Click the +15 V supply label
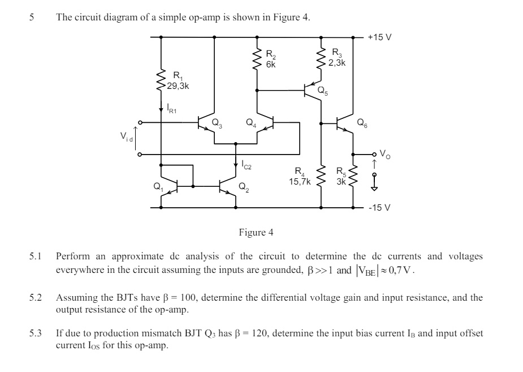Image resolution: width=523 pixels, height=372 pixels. coord(379,37)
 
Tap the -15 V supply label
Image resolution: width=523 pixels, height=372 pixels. coord(379,208)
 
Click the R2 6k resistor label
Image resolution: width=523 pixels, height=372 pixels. coord(271,59)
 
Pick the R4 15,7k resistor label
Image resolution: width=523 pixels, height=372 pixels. coord(300,177)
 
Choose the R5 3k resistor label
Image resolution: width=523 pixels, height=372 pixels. coord(340,177)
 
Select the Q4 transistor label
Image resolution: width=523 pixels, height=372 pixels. coord(251,122)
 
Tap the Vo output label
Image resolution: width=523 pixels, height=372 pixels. coord(384,153)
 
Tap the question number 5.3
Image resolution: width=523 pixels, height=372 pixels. coord(36,333)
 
